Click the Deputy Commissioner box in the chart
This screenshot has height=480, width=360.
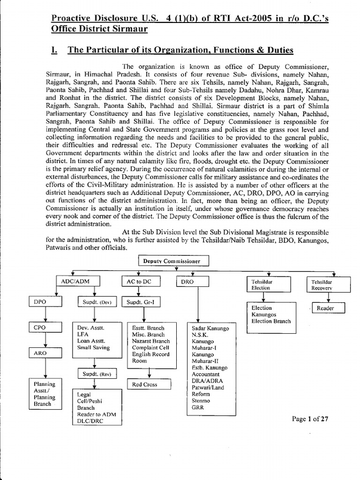(173, 261)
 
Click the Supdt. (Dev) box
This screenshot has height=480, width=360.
(96, 302)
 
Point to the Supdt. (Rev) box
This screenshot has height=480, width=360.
(96, 374)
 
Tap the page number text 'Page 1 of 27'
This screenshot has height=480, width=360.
(310, 419)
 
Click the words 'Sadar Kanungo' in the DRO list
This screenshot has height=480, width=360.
(210, 329)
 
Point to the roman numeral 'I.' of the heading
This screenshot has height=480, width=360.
(54, 50)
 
